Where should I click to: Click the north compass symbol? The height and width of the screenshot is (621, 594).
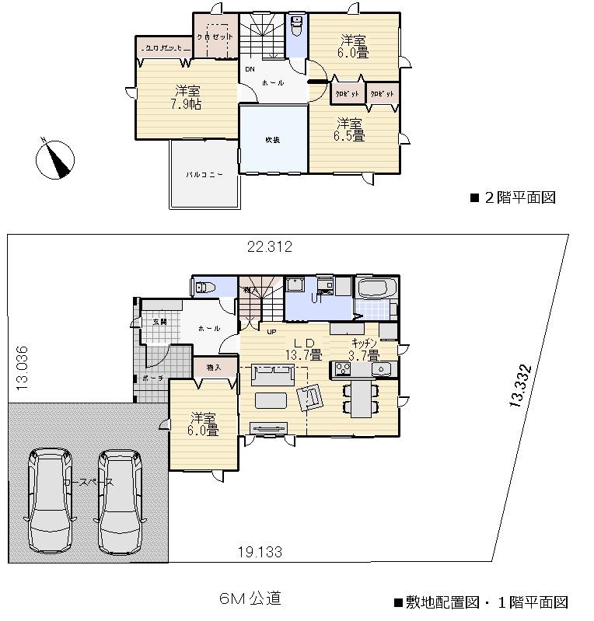click(55, 158)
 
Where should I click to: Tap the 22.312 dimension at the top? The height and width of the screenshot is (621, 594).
click(269, 247)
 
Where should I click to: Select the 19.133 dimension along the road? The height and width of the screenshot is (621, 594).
click(259, 552)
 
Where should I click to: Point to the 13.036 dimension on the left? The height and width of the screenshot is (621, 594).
click(21, 367)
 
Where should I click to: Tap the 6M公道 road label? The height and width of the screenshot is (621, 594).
click(250, 598)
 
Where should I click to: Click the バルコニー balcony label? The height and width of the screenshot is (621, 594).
click(204, 175)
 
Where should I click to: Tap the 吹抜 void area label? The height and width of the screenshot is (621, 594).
click(272, 140)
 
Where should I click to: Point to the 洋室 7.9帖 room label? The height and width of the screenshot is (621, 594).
click(186, 97)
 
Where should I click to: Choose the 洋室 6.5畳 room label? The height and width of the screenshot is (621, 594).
click(350, 129)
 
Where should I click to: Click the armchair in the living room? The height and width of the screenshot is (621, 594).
click(311, 396)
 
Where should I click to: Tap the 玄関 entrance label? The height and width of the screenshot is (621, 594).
click(159, 322)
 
